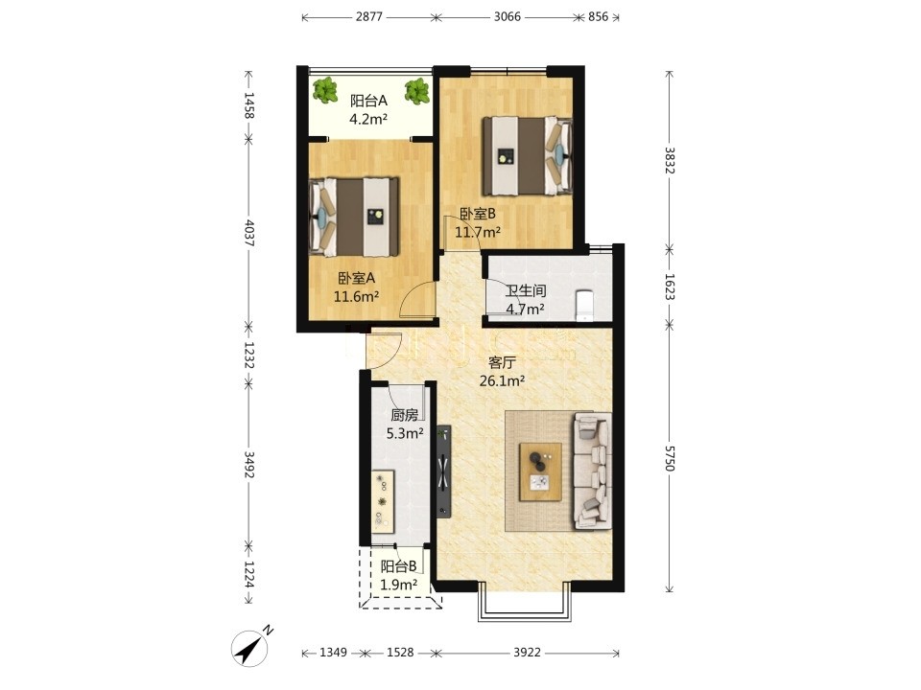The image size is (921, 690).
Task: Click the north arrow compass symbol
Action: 250,649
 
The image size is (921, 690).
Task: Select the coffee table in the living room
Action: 540,471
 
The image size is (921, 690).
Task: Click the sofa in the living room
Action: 592,470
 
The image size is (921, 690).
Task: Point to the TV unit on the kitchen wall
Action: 443,471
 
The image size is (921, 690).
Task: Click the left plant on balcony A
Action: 324,90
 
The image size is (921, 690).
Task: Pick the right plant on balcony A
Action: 416,91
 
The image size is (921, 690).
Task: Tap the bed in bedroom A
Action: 354,218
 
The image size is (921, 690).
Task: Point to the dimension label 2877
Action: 368,16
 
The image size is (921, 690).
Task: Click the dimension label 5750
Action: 670,458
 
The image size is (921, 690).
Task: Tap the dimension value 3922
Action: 527,653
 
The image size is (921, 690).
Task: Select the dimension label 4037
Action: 248,232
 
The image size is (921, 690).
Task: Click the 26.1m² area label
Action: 502,381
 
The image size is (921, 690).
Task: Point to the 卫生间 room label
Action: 526,290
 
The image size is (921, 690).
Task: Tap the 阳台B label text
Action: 399,566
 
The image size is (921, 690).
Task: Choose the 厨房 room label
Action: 405,415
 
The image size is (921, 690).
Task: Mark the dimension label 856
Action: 598,16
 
